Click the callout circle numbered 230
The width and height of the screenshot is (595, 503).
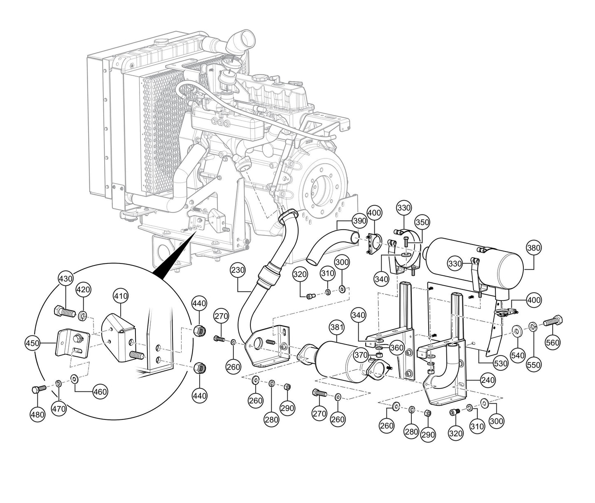[x=238, y=270]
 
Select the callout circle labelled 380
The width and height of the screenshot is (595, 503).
[x=534, y=248]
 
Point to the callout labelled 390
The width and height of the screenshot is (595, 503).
[x=359, y=221]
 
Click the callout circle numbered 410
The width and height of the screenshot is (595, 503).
[x=121, y=296]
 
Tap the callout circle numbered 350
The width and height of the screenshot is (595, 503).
[x=422, y=222]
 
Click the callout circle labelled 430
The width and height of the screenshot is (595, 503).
[x=65, y=279]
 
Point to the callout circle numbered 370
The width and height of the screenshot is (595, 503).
[x=361, y=354]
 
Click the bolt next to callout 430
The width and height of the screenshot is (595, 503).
[x=64, y=312]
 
